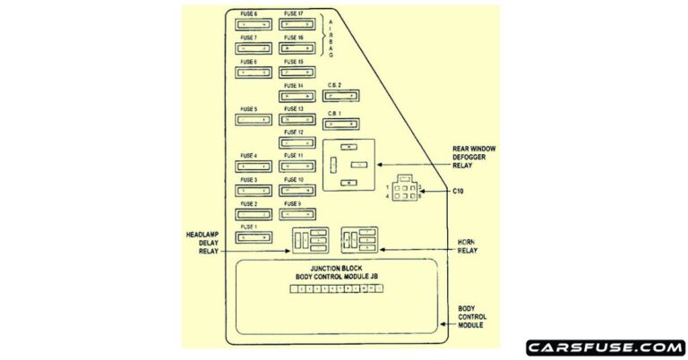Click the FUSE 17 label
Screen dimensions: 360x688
(293, 14)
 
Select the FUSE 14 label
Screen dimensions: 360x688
(293, 86)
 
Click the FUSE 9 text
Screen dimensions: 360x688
(293, 204)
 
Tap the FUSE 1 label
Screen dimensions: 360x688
(249, 227)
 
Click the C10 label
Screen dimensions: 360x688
(458, 191)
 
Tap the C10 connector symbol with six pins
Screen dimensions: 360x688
(405, 191)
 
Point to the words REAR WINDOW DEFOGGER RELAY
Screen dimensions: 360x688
(475, 157)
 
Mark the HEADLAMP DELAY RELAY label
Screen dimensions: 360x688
(203, 242)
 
